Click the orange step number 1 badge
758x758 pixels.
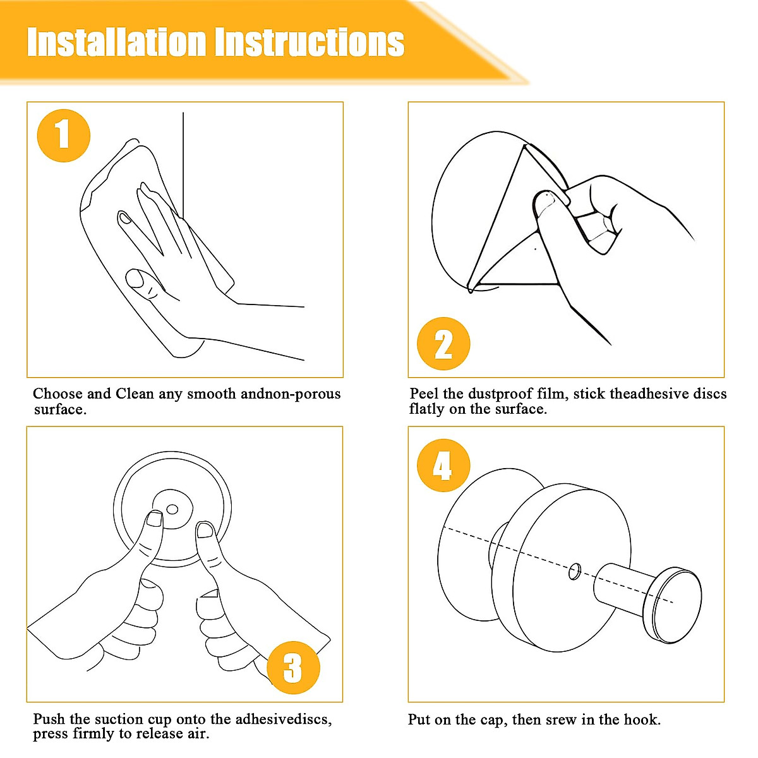(x=64, y=136)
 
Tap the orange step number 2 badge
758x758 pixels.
(x=443, y=344)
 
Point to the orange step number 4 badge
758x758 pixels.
(x=443, y=466)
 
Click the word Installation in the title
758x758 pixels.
(x=117, y=42)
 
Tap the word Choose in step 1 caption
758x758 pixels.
(x=58, y=394)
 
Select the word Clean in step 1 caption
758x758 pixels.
(x=135, y=394)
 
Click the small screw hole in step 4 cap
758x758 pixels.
(x=575, y=572)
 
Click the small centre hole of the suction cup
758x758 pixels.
(x=172, y=509)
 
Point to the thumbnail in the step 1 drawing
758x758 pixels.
(x=135, y=279)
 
